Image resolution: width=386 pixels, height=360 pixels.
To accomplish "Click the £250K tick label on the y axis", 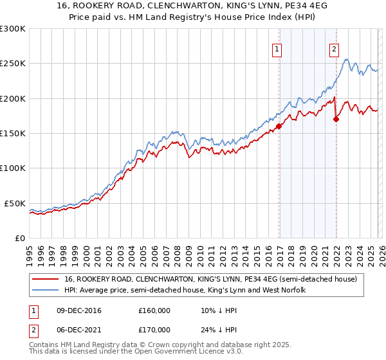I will tap(13, 64).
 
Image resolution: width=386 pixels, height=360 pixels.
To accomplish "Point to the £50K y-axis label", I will tap(15, 203).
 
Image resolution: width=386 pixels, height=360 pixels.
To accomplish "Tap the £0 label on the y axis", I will tap(20, 238).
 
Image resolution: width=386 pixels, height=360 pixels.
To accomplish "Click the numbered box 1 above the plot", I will tap(277, 48).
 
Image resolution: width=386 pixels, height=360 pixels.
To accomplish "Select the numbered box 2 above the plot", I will tap(335, 48).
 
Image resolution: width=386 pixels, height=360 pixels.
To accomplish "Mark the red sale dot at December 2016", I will tap(279, 127).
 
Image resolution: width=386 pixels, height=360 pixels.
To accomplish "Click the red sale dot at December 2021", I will tap(336, 119).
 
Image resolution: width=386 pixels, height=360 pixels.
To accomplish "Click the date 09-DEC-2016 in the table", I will tap(77, 310).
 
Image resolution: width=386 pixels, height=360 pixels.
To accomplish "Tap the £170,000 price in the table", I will tap(154, 330).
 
